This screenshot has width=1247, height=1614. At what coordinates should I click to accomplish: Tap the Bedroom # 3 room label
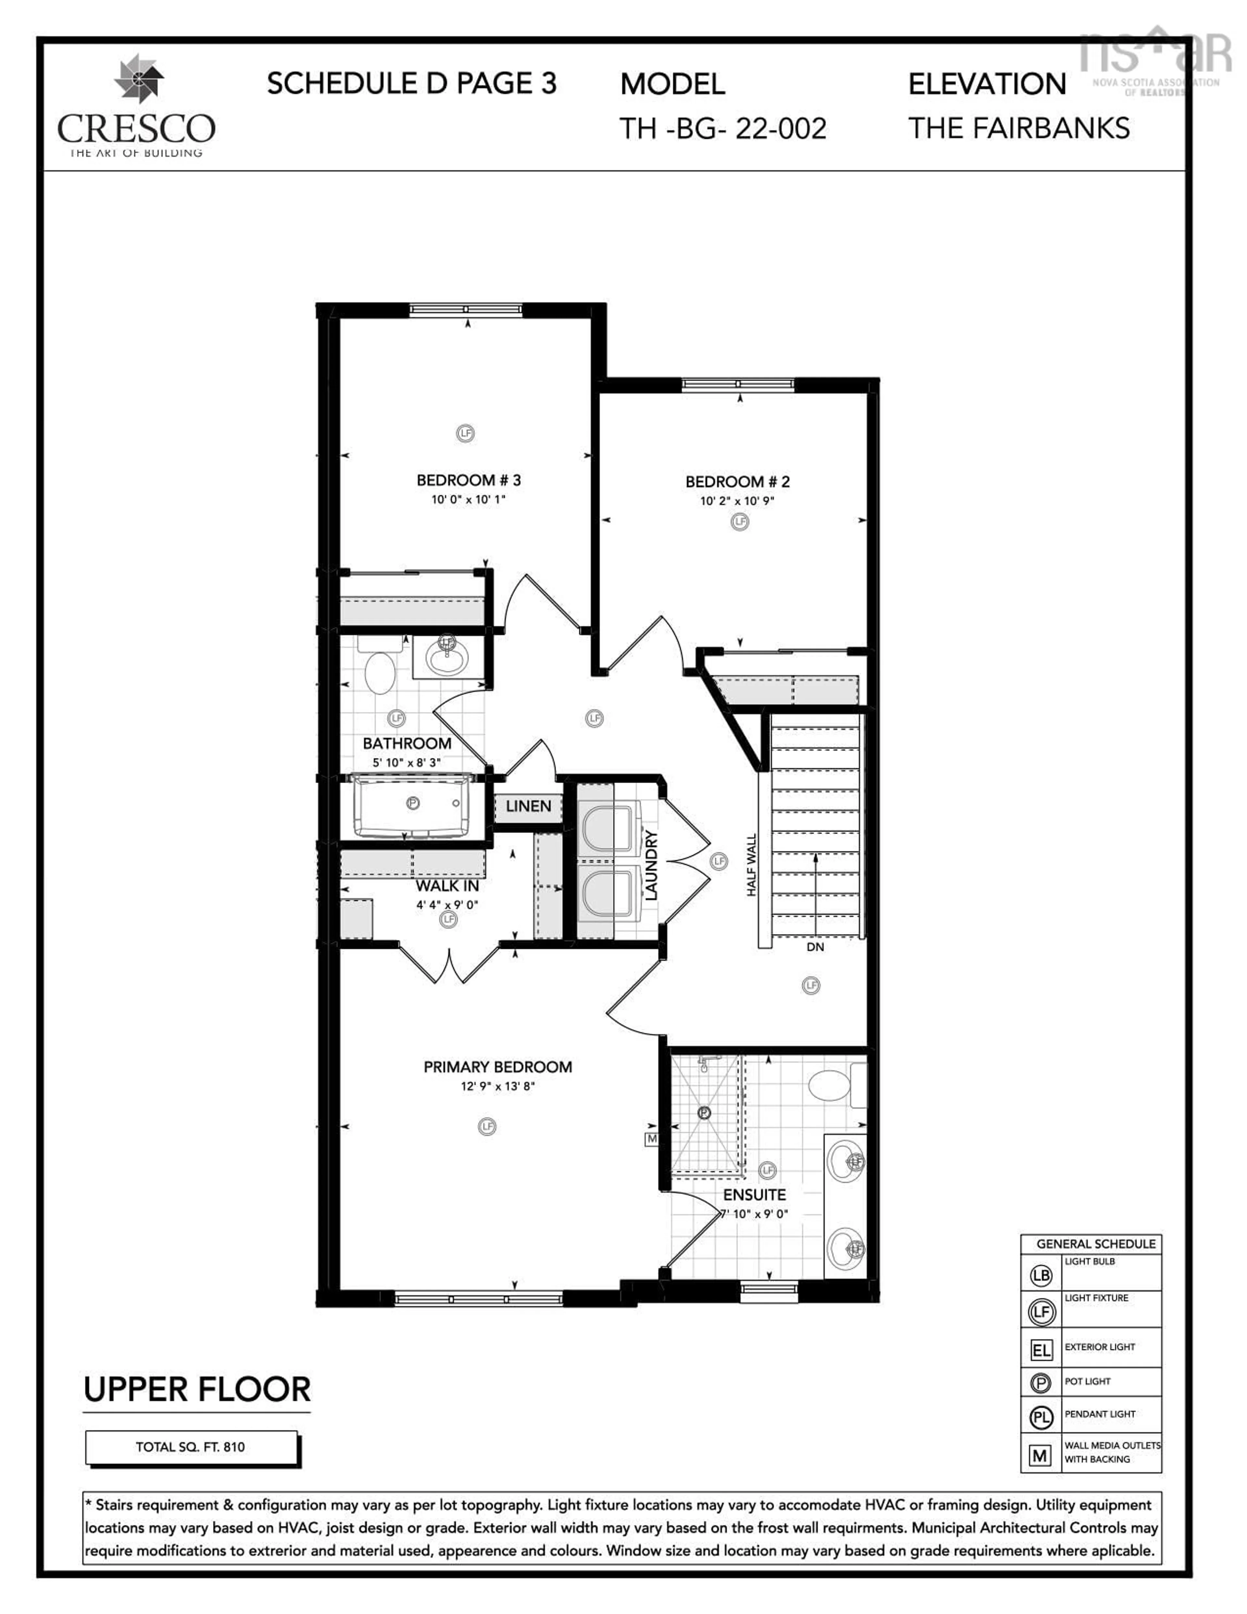pyautogui.click(x=468, y=480)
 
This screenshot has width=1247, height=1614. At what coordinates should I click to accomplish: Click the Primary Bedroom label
pyautogui.click(x=497, y=1067)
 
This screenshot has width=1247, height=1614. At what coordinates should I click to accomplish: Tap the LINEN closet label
pyautogui.click(x=528, y=806)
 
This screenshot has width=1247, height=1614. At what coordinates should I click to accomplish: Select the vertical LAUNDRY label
pyautogui.click(x=651, y=865)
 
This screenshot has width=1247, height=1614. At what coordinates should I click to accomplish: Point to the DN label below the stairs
pyautogui.click(x=815, y=947)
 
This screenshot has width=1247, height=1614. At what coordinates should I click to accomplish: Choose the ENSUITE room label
pyautogui.click(x=754, y=1195)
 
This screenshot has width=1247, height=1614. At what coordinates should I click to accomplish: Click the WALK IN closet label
pyautogui.click(x=447, y=885)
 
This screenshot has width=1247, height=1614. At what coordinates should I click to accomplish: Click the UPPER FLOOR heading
pyautogui.click(x=197, y=1390)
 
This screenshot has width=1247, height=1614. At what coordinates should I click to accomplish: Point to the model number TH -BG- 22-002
pyautogui.click(x=723, y=129)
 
